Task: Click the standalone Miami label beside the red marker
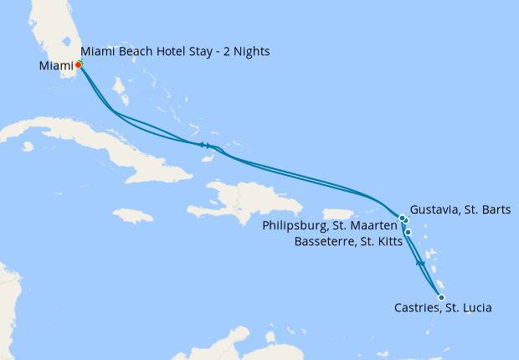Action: click(55, 65)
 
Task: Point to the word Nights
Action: click(250, 52)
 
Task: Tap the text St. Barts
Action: click(487, 209)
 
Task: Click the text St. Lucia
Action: click(469, 308)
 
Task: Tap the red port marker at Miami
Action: click(78, 64)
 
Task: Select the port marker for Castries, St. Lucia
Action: click(441, 296)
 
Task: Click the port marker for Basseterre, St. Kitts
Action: click(409, 232)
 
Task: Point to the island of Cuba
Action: click(100, 142)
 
